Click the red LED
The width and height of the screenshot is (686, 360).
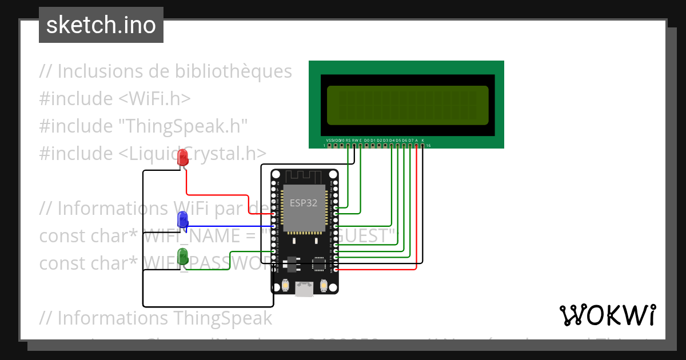(x=183, y=157)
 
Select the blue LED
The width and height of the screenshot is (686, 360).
(x=183, y=219)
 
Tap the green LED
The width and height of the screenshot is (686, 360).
(x=183, y=256)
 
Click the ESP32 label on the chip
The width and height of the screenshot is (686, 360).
(x=303, y=203)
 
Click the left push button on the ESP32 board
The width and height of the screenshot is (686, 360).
(x=285, y=285)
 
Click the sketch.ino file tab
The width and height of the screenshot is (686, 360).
(x=101, y=25)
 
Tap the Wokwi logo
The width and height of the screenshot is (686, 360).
(x=607, y=315)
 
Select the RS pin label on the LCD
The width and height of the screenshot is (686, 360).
(x=348, y=140)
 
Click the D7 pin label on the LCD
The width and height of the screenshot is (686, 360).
(x=410, y=140)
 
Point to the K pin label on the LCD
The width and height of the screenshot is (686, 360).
(x=423, y=140)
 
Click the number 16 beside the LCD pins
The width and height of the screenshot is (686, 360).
(x=429, y=146)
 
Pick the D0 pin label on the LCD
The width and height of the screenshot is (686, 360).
(x=366, y=140)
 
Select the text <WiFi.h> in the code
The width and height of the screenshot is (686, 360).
(x=154, y=98)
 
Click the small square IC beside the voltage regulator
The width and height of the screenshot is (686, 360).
(x=318, y=264)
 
